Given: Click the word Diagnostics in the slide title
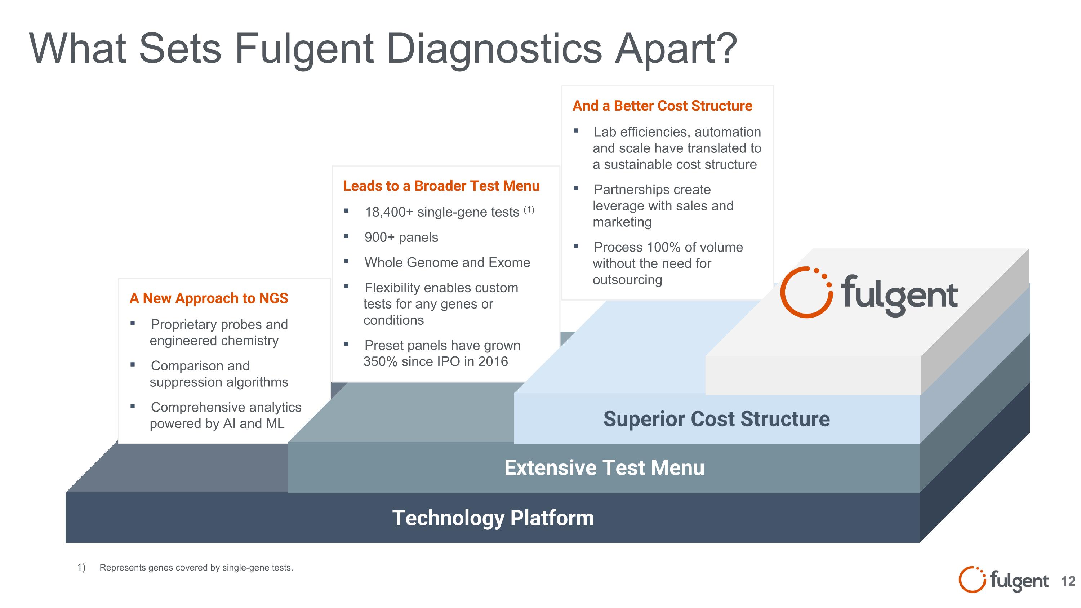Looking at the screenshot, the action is tap(494, 49).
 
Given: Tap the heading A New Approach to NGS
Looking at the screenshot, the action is tap(209, 298).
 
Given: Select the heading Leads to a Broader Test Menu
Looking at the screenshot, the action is tap(441, 186).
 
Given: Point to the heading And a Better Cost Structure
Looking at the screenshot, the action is tap(662, 106).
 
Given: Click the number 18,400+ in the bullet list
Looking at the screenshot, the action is tap(389, 212).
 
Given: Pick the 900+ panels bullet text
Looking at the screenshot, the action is tap(401, 238).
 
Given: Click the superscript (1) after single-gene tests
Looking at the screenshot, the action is tap(529, 209).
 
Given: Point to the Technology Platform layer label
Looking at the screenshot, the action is tap(493, 518).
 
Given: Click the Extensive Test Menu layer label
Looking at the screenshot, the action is tap(604, 467).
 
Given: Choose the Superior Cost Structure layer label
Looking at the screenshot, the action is tap(716, 419).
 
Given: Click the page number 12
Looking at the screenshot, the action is tap(1068, 581).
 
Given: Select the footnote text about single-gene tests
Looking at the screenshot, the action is tap(196, 568).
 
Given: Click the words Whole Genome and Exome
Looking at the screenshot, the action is tap(447, 263).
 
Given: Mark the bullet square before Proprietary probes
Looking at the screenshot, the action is tap(133, 323).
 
